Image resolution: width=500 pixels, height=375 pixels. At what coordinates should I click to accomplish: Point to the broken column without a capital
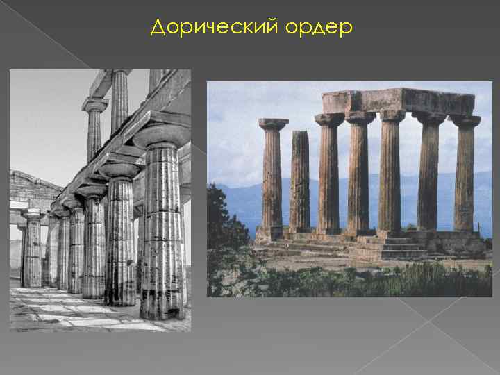(299, 181)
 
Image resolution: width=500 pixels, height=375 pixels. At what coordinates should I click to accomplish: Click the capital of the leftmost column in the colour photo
(273, 124)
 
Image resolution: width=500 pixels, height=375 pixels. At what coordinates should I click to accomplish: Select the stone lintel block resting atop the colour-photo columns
(398, 101)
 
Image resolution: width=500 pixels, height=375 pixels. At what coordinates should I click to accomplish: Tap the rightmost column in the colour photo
(464, 177)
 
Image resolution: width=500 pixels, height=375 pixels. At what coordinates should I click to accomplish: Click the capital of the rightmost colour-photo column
(465, 121)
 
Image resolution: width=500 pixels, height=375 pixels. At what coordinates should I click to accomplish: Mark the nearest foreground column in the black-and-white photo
(162, 229)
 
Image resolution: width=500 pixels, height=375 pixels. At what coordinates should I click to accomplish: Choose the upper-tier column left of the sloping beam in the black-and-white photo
(94, 128)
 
